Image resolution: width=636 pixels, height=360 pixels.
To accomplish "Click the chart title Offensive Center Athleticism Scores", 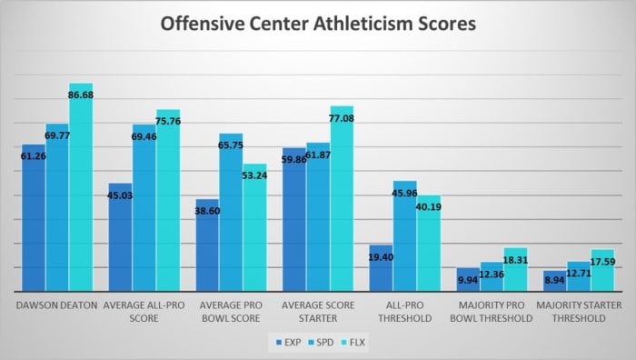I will click(x=318, y=25).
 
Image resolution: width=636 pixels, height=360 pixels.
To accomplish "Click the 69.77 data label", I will click(x=57, y=135).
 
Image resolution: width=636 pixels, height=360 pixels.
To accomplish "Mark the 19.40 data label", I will click(x=382, y=258).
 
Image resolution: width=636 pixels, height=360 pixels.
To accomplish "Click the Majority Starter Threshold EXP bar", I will click(x=554, y=281).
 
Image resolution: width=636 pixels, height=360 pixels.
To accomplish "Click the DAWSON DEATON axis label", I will click(x=56, y=305).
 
